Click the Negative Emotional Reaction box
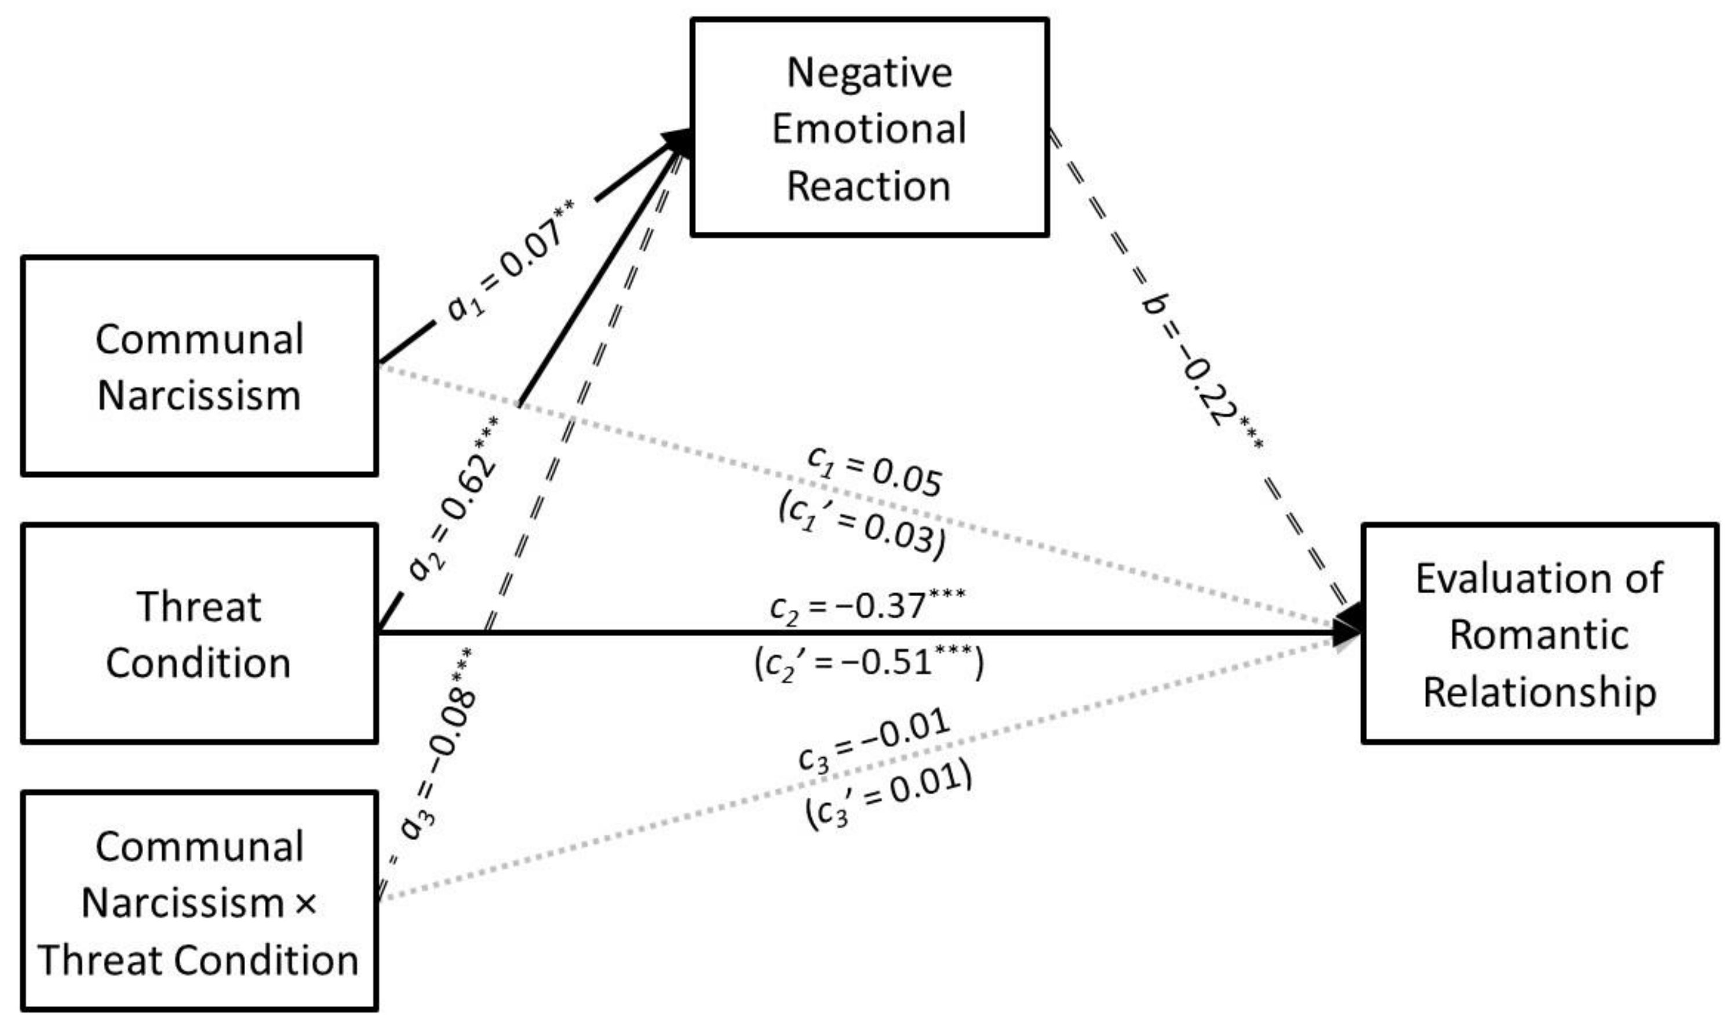(869, 127)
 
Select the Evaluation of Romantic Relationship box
(1540, 634)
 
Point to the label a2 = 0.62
(454, 497)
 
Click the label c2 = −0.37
(868, 605)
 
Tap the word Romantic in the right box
(1540, 634)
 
